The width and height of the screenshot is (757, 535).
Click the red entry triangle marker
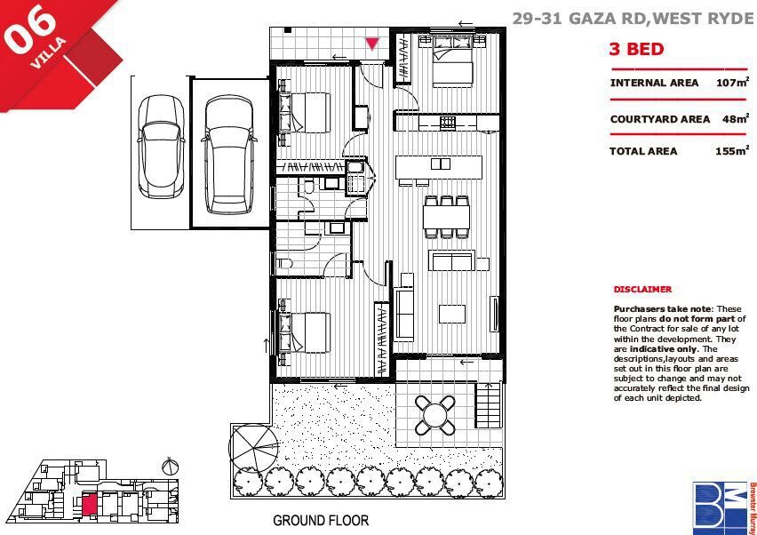[371, 44]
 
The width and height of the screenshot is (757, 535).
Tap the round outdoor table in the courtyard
[435, 415]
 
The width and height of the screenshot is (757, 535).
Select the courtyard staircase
[489, 404]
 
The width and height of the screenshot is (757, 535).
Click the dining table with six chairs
[447, 217]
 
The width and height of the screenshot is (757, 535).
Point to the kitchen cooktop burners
[447, 123]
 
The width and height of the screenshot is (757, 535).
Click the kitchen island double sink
[441, 164]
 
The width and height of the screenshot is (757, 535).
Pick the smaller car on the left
[161, 147]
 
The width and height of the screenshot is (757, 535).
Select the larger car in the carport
[229, 155]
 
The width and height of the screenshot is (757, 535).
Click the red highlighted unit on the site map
[90, 505]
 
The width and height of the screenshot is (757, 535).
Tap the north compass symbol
[170, 467]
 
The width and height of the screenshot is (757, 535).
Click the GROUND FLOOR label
[321, 521]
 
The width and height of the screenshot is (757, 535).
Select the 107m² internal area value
[733, 82]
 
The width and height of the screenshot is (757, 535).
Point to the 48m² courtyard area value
[736, 118]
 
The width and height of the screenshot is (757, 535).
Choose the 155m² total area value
[732, 150]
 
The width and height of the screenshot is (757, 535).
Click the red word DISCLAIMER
[642, 289]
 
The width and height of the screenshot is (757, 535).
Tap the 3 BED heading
[637, 49]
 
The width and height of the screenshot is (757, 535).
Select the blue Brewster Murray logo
[721, 506]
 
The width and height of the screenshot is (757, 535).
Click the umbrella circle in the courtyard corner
[253, 448]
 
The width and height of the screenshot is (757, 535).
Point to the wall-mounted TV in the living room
[494, 314]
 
